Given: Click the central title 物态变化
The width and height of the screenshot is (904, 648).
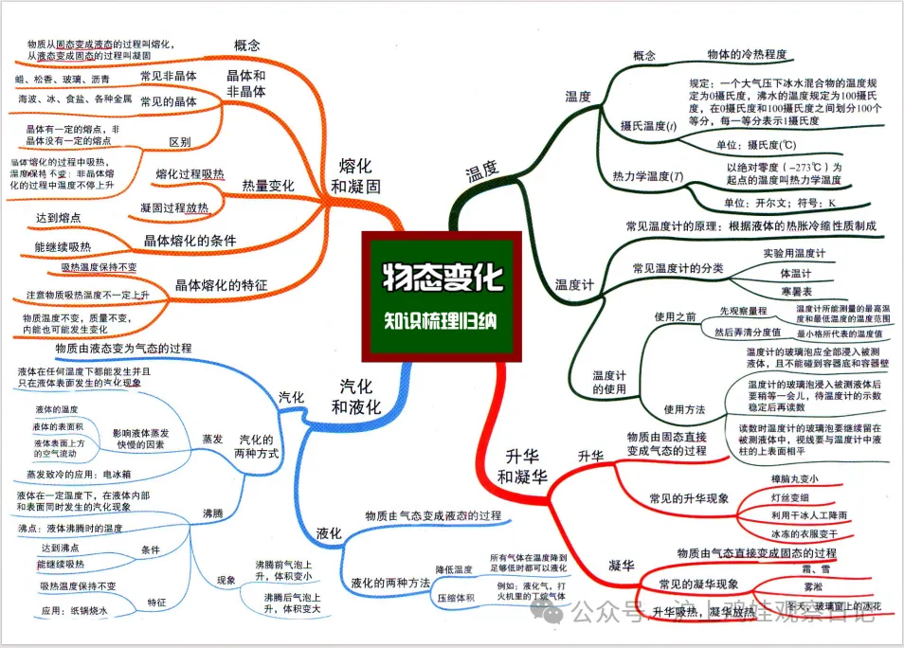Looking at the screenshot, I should tap(443, 278).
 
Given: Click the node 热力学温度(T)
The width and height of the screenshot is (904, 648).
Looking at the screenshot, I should tap(648, 175).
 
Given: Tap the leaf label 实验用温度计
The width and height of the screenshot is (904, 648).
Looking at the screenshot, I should tap(794, 253).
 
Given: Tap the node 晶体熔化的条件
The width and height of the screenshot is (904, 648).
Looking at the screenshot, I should tap(190, 240).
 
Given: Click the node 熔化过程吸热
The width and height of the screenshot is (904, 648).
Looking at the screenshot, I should tap(190, 173).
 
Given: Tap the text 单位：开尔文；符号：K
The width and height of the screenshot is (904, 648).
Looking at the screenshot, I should tap(779, 203).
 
